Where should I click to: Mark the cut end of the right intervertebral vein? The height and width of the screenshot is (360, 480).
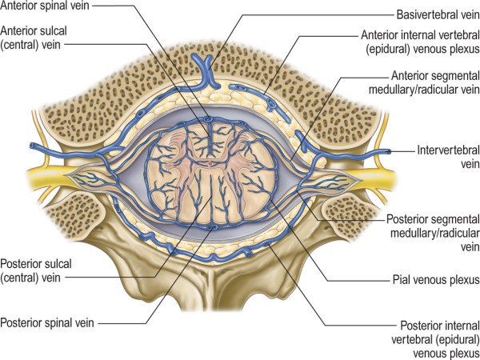tap(390, 151)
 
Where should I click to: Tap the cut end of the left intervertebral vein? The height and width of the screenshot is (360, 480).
tap(32, 147)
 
